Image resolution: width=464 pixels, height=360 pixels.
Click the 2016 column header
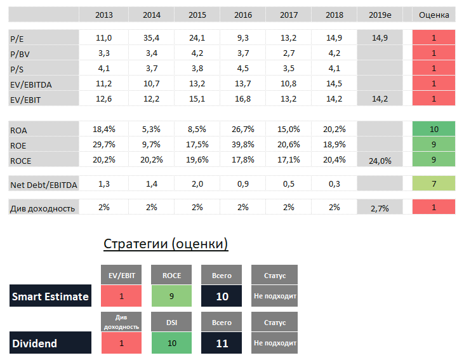click(242, 15)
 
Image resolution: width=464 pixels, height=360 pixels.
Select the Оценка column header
click(434, 15)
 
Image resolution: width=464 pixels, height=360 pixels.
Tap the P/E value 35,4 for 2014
click(152, 38)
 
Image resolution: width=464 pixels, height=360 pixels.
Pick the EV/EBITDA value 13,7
click(242, 84)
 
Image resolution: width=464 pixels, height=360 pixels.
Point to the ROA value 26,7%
click(242, 130)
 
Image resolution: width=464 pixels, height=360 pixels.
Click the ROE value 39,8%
click(242, 145)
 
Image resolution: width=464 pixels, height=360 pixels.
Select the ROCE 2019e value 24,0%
click(380, 161)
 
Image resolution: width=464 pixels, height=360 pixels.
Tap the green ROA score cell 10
click(434, 129)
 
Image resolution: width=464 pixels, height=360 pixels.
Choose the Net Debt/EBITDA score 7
click(434, 184)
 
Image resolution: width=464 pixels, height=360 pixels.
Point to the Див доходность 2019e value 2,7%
click(380, 208)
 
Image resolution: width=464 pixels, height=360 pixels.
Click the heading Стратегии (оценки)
click(166, 244)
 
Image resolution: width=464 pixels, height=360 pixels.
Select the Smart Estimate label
click(50, 297)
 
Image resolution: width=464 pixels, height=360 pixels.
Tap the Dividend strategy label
click(34, 343)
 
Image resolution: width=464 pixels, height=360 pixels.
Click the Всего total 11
click(221, 343)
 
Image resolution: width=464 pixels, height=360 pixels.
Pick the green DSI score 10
click(171, 343)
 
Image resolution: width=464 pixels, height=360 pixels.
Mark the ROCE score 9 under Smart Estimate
click(171, 296)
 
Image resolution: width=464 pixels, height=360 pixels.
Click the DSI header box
click(171, 323)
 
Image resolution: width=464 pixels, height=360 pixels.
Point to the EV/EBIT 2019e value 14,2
click(380, 99)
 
